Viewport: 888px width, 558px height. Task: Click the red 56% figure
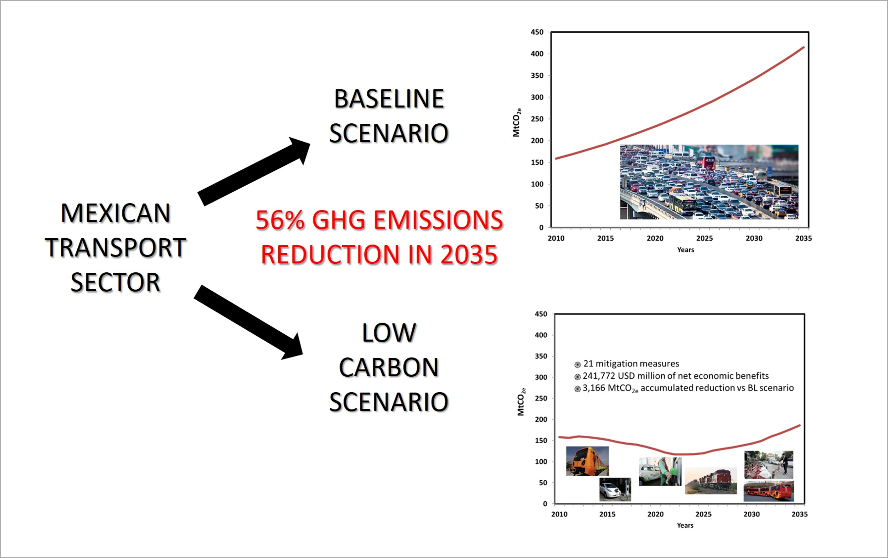(x=280, y=220)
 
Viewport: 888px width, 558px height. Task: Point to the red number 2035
(x=469, y=255)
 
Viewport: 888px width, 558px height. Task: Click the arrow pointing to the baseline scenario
(x=255, y=172)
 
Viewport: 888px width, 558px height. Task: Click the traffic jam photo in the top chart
(x=709, y=182)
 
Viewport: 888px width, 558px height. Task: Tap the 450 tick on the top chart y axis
(x=537, y=33)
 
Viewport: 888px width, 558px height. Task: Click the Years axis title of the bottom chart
(x=685, y=525)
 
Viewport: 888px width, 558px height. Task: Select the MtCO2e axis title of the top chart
(x=517, y=122)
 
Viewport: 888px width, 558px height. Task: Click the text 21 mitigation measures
(x=631, y=364)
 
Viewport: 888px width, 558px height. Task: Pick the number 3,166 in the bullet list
(x=594, y=388)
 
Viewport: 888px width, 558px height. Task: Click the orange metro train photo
(x=587, y=461)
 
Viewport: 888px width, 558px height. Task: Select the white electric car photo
(x=615, y=489)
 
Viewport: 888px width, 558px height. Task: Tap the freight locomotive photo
(x=711, y=481)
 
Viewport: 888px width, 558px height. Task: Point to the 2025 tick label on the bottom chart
(x=703, y=514)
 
